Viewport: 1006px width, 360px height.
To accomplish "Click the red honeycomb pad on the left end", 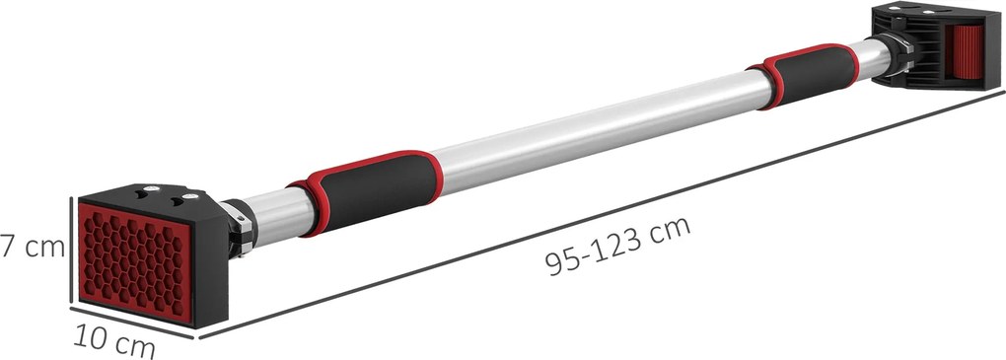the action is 135,260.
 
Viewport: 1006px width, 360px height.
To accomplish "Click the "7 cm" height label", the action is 33,247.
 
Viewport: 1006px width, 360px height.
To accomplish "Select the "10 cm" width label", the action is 114,341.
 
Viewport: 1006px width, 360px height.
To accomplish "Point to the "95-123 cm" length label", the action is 617,246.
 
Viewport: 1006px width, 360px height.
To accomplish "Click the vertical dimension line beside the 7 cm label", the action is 69,250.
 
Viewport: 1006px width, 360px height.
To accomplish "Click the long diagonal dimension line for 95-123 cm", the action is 602,214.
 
